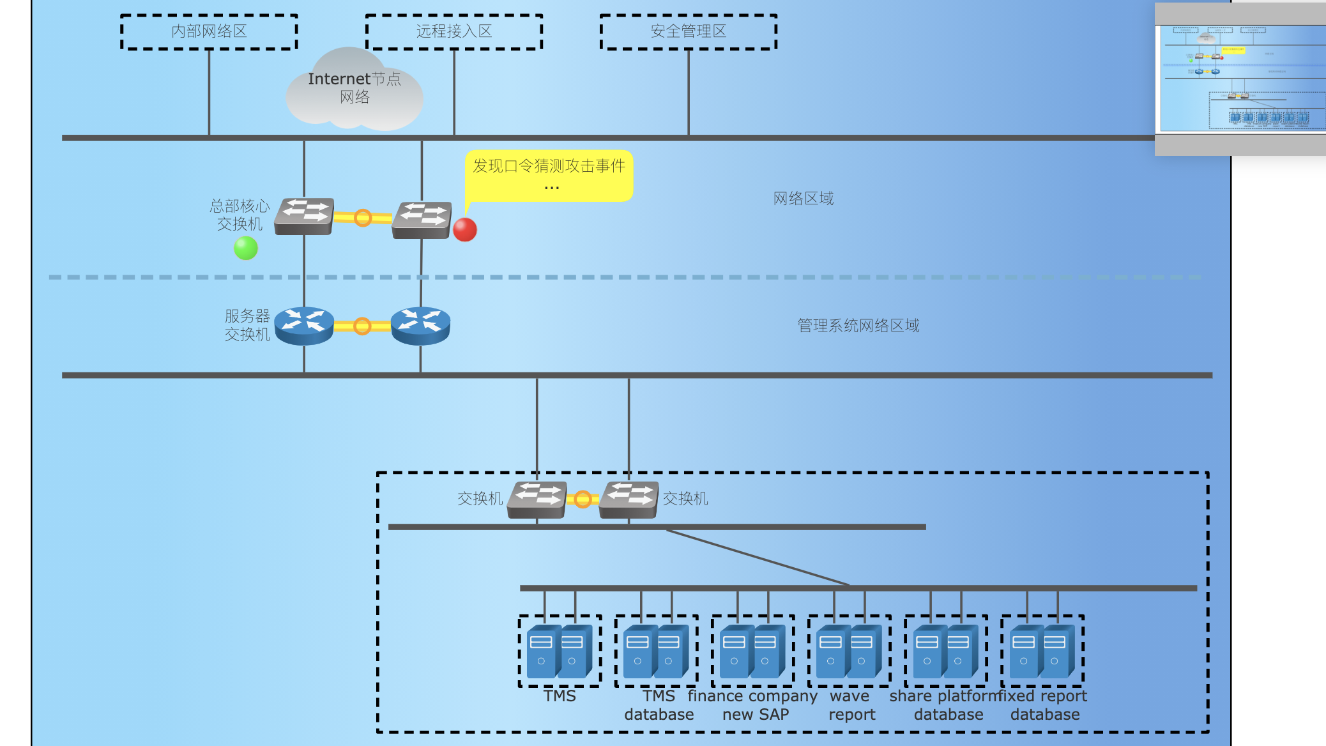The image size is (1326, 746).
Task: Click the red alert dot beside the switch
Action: point(465,229)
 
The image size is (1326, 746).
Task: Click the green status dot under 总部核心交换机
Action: point(246,248)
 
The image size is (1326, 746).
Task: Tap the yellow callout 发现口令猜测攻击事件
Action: point(549,175)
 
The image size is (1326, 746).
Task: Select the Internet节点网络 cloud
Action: point(354,89)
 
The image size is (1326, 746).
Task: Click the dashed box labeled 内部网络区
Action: point(209,31)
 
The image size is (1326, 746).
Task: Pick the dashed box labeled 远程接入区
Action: point(454,31)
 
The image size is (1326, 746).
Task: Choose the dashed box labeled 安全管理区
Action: point(689,31)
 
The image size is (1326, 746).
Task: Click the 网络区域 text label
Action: point(804,199)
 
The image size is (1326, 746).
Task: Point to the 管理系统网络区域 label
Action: point(858,326)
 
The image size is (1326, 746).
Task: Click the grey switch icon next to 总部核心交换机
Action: point(305,216)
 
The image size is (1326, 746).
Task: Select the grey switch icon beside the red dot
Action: point(422,220)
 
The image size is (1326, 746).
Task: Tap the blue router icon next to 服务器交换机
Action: point(304,326)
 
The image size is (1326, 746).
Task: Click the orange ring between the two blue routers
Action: point(362,326)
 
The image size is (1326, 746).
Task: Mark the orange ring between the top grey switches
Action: point(363,218)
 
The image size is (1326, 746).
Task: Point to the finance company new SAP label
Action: point(754,705)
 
